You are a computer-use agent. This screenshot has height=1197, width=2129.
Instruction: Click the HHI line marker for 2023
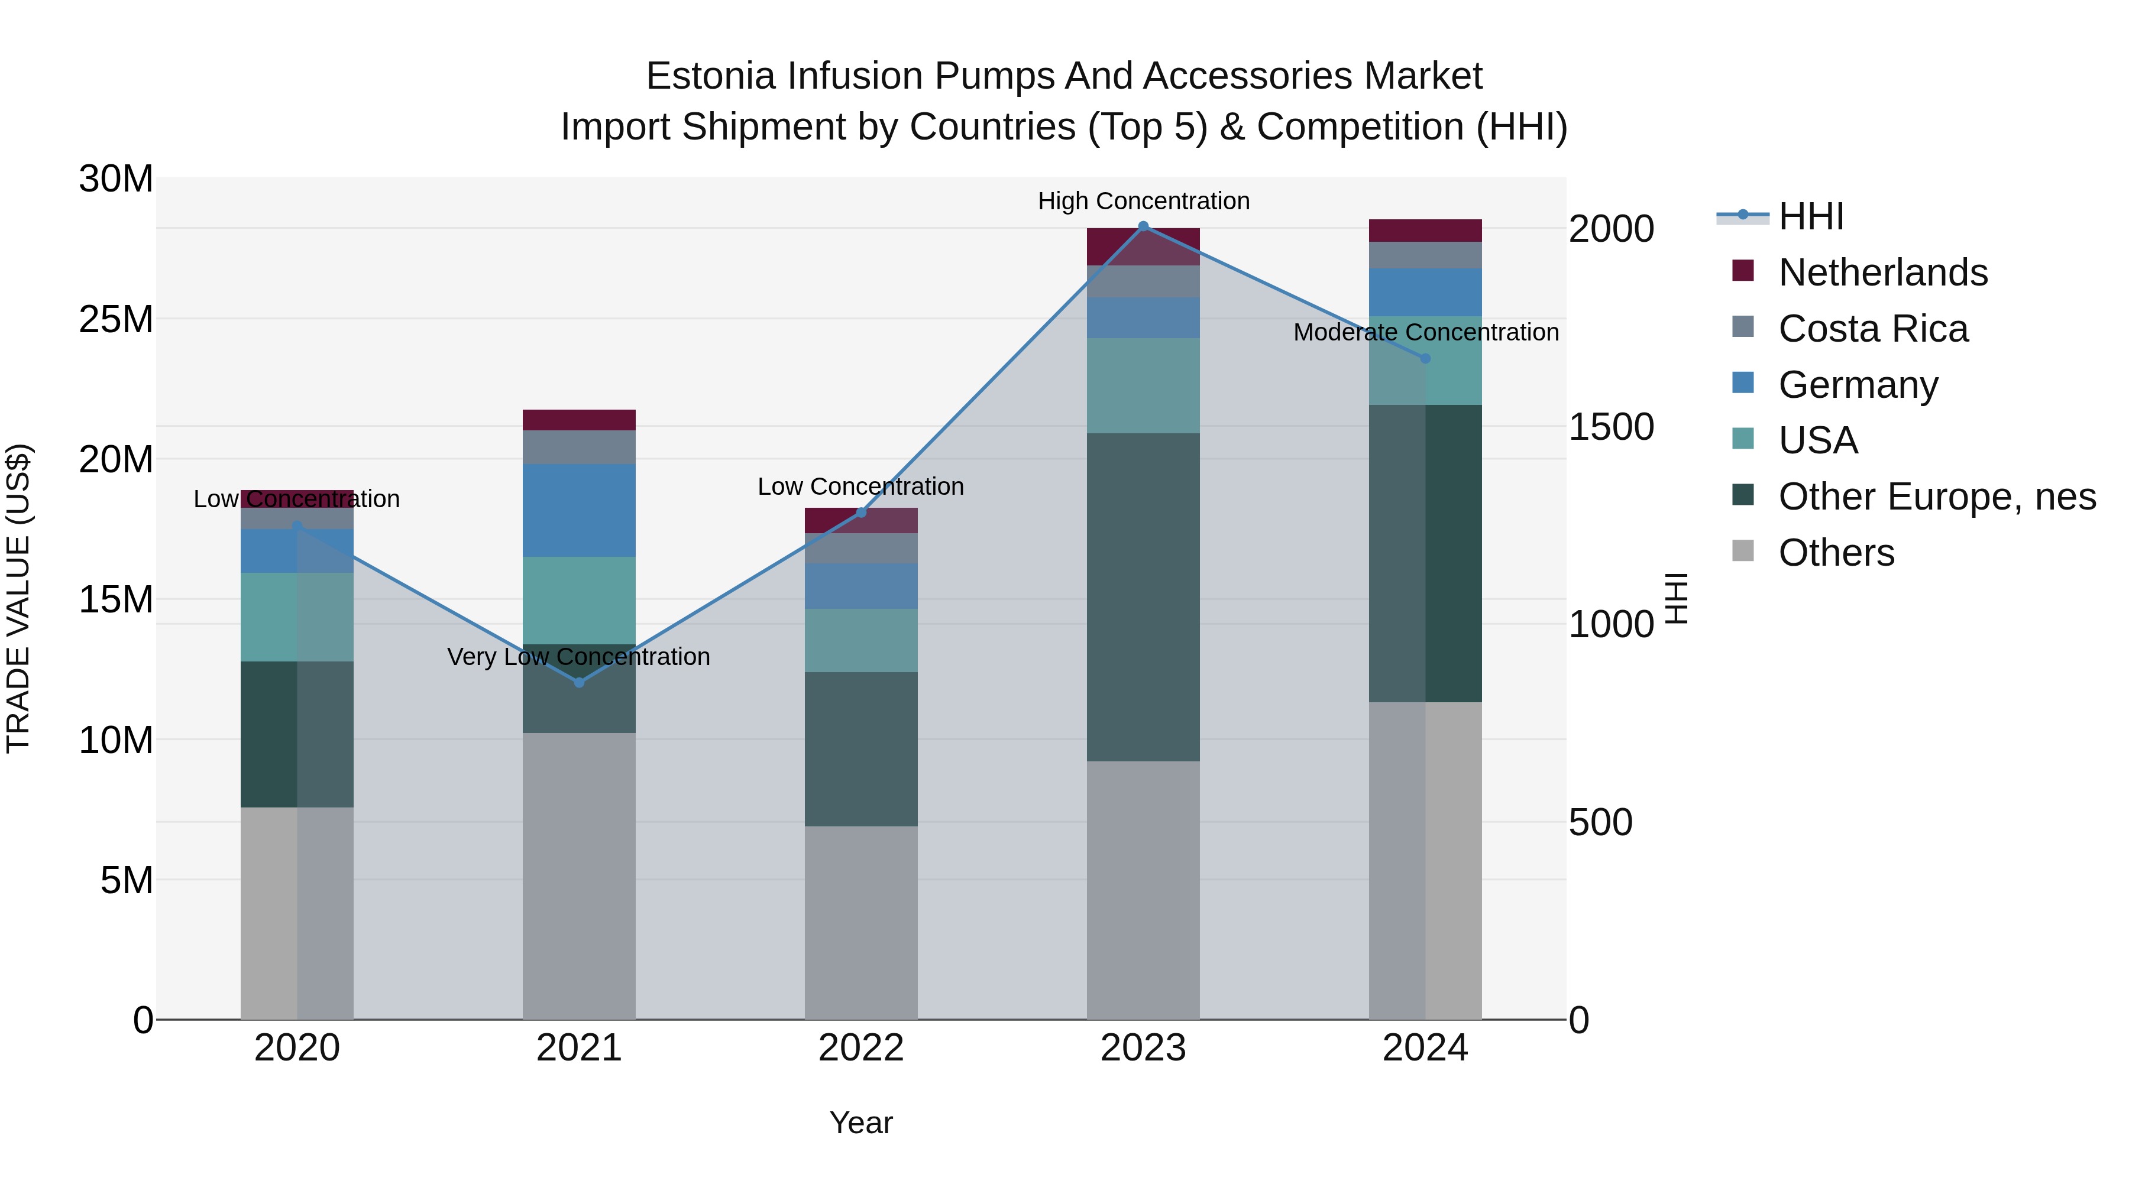click(1143, 226)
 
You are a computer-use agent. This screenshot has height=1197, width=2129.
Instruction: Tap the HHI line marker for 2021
click(578, 682)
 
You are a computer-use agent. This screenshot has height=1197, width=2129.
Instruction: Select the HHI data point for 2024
click(1425, 359)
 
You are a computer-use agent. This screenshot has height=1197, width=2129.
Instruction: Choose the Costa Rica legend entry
click(1873, 329)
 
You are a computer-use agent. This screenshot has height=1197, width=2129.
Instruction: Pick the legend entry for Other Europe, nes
click(1936, 497)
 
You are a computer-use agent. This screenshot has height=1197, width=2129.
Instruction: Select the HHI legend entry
click(1810, 216)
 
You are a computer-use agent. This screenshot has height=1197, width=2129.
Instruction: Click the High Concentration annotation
click(1143, 201)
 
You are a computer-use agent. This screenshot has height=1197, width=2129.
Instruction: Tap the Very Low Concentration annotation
click(578, 657)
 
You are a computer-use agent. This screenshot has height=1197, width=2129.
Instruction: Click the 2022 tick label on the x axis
click(860, 1048)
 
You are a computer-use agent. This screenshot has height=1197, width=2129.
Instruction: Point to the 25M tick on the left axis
click(117, 319)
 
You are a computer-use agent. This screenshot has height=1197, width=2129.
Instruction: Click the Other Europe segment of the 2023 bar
click(1143, 596)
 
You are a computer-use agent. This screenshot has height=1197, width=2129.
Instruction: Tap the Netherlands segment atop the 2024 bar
click(1425, 231)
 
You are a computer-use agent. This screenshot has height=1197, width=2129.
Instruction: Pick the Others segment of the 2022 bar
click(860, 922)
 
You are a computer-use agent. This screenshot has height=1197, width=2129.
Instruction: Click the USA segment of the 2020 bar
click(297, 617)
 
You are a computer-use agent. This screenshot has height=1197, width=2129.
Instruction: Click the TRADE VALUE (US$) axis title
click(18, 598)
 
